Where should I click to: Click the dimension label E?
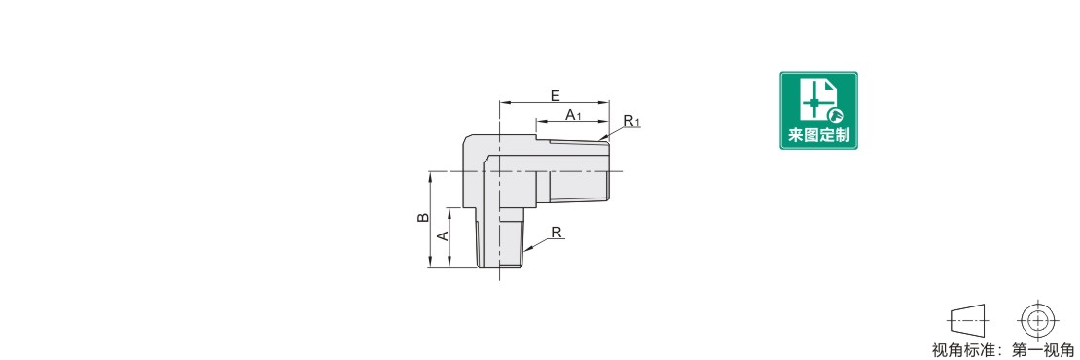[556, 95]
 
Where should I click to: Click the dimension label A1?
[574, 114]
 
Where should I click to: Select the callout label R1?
[631, 122]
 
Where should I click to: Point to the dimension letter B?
[424, 218]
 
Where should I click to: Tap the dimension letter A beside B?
[444, 235]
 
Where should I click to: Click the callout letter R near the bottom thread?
[557, 234]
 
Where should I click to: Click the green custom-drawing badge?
[818, 110]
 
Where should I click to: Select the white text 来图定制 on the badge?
[818, 135]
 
